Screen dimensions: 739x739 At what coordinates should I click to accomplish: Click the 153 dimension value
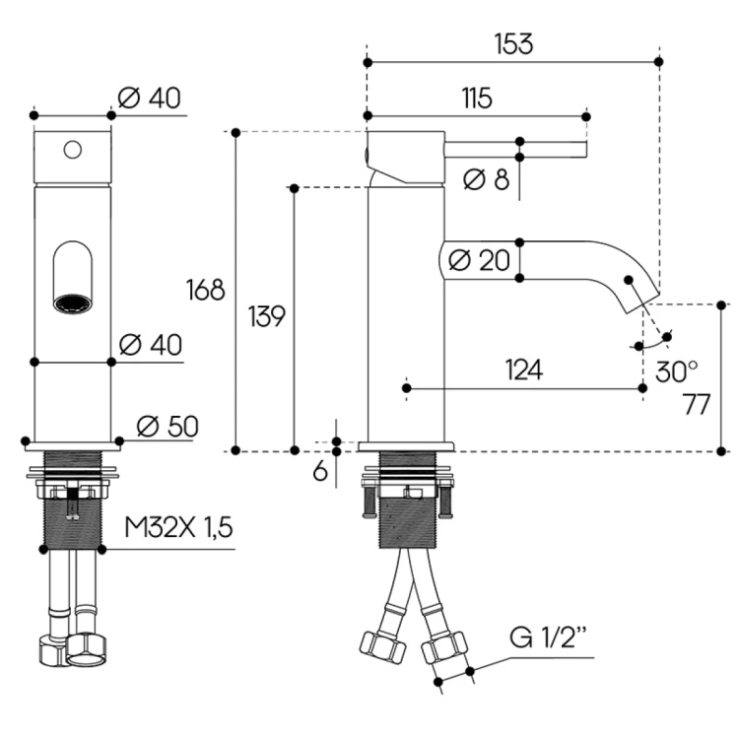pos(513,44)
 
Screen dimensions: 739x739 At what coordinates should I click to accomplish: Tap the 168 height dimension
pos(206,290)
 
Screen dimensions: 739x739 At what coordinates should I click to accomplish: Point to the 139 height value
pos(266,317)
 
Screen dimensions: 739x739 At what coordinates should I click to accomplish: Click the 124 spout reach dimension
pos(523,369)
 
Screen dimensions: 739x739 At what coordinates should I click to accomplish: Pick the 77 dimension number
pos(697,405)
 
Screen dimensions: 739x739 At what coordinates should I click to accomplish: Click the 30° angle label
pos(676,371)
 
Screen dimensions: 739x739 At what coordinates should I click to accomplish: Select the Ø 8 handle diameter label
pos(486,180)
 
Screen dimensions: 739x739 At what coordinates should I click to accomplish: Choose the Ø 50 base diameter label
pos(168,426)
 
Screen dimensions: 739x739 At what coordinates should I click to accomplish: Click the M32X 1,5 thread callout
pos(178,528)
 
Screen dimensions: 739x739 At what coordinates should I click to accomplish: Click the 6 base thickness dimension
pos(320,471)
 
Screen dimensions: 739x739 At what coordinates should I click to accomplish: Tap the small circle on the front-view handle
pos(72,150)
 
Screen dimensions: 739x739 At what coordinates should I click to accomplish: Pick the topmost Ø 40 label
pos(149,98)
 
